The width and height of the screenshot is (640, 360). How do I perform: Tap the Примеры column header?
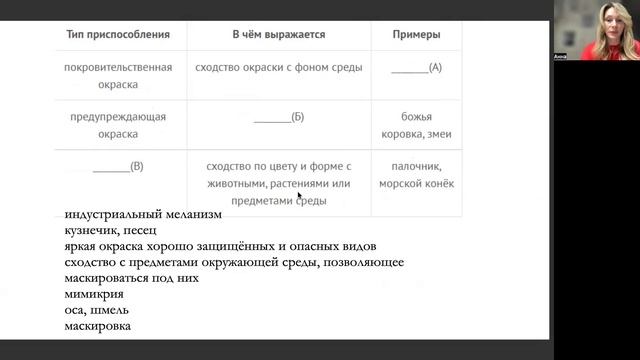[x=416, y=34]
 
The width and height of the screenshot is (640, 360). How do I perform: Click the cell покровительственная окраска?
[x=118, y=76]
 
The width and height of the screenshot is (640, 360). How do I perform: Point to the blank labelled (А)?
[x=416, y=68]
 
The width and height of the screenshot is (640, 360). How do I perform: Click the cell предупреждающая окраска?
[x=118, y=125]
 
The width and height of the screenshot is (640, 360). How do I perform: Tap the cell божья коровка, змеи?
[x=416, y=125]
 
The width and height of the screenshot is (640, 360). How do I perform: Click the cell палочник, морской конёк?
[x=416, y=175]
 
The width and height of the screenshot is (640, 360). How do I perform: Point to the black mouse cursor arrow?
[x=300, y=196]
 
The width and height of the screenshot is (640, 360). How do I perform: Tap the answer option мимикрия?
[x=94, y=294]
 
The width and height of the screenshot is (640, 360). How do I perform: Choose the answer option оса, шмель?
[x=96, y=310]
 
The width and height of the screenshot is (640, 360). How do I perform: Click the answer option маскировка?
[x=98, y=326]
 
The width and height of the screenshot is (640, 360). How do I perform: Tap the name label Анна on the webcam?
[x=560, y=57]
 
